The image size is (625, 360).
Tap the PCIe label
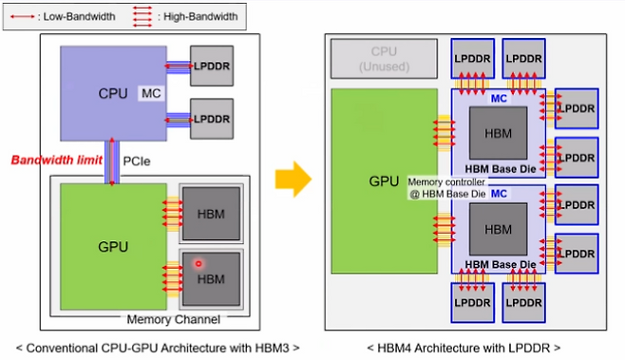coord(136,161)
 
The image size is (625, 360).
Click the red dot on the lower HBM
coord(198,261)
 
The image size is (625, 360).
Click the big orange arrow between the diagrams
coord(294,179)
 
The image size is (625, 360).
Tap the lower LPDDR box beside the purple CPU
coord(211,119)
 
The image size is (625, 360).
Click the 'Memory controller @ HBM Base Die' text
coord(446,186)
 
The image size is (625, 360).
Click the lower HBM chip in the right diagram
coord(498,229)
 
